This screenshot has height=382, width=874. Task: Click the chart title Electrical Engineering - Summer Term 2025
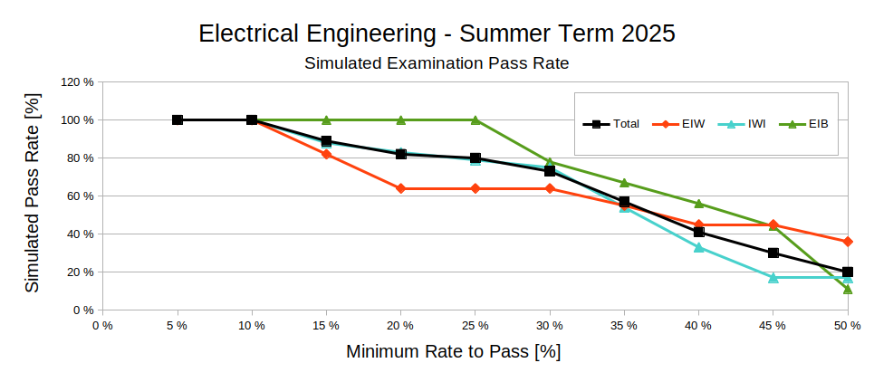(x=437, y=34)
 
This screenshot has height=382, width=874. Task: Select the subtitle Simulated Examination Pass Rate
(x=437, y=63)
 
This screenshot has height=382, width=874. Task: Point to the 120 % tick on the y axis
(x=77, y=81)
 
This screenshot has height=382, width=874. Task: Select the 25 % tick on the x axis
(x=475, y=325)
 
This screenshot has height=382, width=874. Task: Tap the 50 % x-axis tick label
(x=848, y=325)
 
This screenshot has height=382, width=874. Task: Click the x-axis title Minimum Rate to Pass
(x=453, y=351)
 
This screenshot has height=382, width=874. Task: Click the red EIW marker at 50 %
(x=848, y=242)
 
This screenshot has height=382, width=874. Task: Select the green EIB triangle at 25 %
(x=475, y=119)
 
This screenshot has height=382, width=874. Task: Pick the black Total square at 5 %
(x=178, y=119)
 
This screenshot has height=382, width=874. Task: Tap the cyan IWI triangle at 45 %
(x=773, y=278)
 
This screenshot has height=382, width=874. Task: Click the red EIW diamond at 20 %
(x=401, y=188)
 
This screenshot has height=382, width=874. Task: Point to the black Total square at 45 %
(x=773, y=253)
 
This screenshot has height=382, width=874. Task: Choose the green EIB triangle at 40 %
(x=699, y=204)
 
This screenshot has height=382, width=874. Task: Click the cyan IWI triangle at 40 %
(x=699, y=247)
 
